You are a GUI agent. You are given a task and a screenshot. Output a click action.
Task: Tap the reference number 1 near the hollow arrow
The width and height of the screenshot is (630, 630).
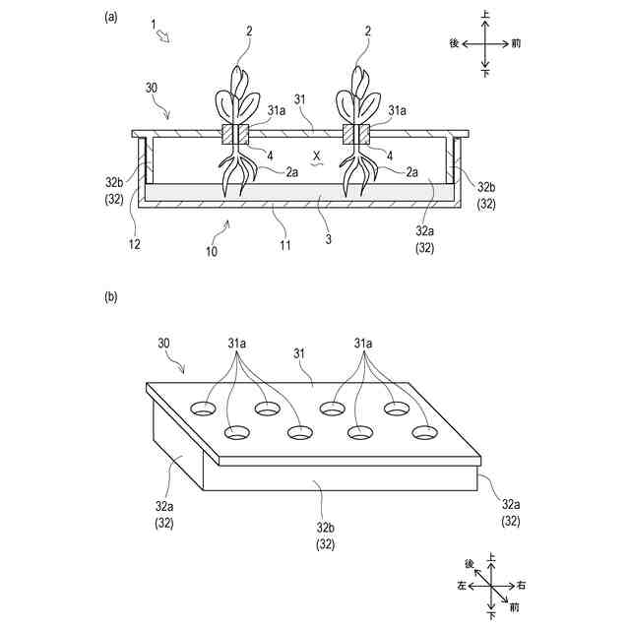pos(153,23)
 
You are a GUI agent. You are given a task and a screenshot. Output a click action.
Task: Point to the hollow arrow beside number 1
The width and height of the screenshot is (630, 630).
pos(164,36)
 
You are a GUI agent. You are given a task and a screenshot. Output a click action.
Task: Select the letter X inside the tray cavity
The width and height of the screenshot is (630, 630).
pos(317,155)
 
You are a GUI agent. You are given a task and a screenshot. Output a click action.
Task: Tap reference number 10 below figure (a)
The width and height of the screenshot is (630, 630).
pos(212,251)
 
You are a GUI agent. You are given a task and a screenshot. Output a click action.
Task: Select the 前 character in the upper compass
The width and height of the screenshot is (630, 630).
pos(516,43)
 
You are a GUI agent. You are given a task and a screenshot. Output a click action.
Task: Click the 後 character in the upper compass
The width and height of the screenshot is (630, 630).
pos(454,43)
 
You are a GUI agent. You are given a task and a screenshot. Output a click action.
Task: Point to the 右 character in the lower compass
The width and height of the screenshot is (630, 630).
pos(521,586)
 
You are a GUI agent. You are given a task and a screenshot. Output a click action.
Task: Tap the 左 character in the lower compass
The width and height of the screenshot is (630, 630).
pos(462,586)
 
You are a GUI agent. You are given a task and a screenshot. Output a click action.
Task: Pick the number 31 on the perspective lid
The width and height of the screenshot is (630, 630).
pos(301,352)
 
